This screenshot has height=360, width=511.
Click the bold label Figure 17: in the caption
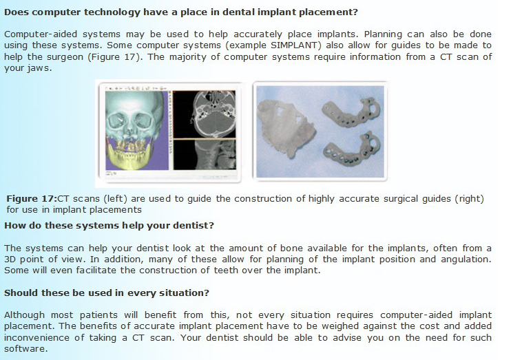coord(32,199)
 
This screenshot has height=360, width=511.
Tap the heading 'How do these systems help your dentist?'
coord(109,226)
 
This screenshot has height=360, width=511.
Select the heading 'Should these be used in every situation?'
coord(107,293)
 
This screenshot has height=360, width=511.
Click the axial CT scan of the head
coord(205,114)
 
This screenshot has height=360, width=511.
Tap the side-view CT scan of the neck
coord(205,155)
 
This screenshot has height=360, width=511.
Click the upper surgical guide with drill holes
coord(351,112)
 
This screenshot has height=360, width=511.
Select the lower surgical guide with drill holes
coord(351,149)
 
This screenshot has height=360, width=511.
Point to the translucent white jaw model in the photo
coord(284,129)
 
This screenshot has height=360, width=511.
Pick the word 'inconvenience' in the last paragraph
coord(36,337)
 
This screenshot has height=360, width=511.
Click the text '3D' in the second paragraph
coord(10,260)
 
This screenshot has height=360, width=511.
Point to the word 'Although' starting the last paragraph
coord(24,315)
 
